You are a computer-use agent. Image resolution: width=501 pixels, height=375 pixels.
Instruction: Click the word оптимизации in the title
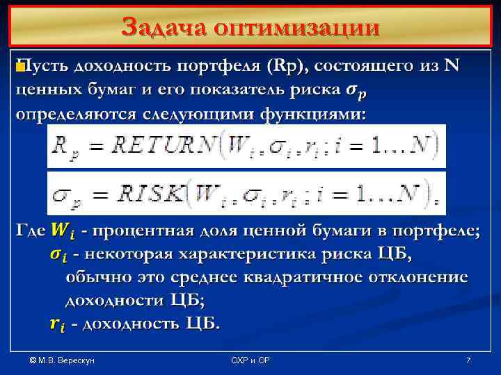(297, 28)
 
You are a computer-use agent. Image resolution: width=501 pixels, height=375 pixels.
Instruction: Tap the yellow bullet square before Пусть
(19, 67)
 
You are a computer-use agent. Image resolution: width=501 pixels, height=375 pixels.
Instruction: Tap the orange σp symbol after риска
(353, 90)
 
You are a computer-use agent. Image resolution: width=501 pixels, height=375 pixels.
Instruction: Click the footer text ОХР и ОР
(250, 360)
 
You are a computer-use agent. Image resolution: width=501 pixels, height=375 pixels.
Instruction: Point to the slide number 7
(468, 360)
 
